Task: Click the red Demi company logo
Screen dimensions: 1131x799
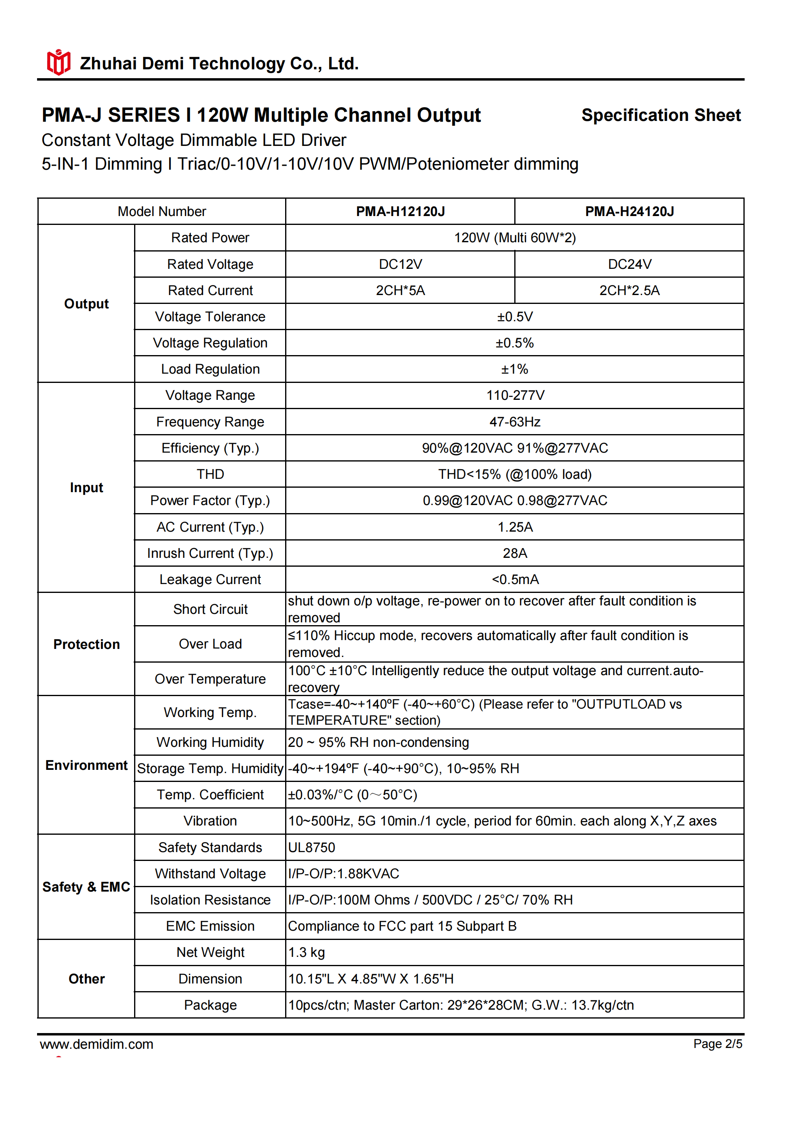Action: point(58,62)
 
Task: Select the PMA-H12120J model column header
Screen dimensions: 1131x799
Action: point(400,211)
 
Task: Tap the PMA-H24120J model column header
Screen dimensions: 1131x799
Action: point(629,211)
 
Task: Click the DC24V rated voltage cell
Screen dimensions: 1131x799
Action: point(629,264)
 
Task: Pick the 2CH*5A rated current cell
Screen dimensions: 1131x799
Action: point(400,290)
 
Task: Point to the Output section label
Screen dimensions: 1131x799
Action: point(86,304)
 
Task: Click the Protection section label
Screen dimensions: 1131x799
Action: point(86,644)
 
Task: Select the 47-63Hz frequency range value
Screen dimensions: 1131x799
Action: point(514,422)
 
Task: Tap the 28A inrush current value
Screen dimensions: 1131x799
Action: point(514,553)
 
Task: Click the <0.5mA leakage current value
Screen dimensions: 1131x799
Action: point(514,579)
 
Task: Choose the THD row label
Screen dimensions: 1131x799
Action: point(210,474)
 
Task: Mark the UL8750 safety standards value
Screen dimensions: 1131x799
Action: point(311,847)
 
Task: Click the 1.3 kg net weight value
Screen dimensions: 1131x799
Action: point(306,952)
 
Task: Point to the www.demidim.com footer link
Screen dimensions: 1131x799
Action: point(97,1044)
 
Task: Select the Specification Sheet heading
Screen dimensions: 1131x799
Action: point(660,115)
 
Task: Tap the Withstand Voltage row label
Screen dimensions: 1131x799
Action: point(210,873)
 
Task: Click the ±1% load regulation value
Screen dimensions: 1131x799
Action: point(514,369)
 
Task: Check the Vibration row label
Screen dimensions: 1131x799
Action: point(210,821)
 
